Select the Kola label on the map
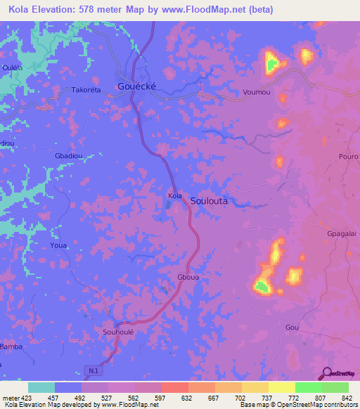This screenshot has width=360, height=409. coord(175,196)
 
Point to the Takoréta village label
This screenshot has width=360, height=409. coord(87,91)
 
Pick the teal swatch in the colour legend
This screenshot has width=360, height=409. coord(41,387)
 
